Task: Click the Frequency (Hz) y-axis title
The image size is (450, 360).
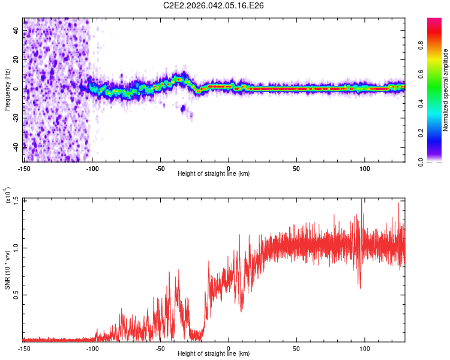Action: tap(7, 89)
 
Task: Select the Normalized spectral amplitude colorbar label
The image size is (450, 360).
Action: tap(446, 90)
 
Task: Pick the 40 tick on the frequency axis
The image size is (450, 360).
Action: tap(15, 31)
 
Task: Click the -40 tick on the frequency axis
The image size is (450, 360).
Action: tap(15, 146)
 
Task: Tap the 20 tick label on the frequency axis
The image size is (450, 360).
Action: tap(15, 59)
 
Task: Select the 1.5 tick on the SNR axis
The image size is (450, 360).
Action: tap(15, 199)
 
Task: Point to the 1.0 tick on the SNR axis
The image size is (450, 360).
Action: tap(15, 247)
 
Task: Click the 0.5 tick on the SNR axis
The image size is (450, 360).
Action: tap(15, 295)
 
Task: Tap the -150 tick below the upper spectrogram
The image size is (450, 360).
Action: tap(24, 168)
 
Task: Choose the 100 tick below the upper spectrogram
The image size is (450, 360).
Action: tap(365, 168)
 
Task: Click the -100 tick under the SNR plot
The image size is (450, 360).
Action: tap(92, 348)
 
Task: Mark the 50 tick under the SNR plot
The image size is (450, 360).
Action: tap(296, 348)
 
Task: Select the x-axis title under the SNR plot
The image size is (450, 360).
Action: tap(214, 354)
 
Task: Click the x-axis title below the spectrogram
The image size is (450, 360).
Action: tap(214, 174)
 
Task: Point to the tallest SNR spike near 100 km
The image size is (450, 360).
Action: tap(361, 200)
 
